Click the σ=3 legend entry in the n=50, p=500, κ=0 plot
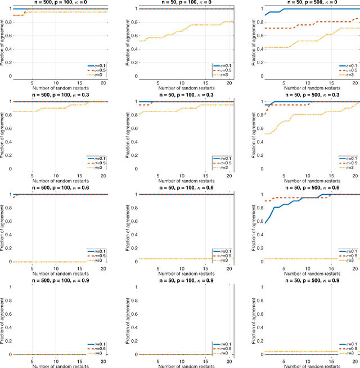click(346, 74)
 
